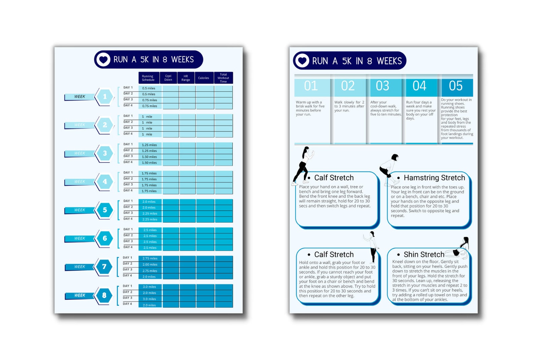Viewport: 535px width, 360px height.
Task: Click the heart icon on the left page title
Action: pos(103,60)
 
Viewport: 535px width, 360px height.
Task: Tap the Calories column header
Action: pos(203,78)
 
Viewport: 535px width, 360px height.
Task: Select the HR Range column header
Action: pos(186,78)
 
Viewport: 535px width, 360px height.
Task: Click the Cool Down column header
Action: pos(168,78)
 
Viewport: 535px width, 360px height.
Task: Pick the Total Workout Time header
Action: pos(223,78)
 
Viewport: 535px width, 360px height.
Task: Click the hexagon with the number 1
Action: pos(105,97)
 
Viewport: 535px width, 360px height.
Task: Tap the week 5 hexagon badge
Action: pos(105,210)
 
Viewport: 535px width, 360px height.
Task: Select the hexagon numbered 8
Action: pos(104,295)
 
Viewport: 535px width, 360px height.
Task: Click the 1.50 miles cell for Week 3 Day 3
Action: pos(150,157)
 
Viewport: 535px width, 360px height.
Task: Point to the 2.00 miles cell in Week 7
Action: pos(150,265)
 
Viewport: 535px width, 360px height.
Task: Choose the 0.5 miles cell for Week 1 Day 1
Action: pos(149,88)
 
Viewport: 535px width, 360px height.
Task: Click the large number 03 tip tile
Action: pos(383,86)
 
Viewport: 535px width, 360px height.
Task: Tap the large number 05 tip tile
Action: pos(456,86)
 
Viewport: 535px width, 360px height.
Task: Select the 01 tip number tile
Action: pos(311,86)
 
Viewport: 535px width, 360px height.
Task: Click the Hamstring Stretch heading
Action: pos(434,178)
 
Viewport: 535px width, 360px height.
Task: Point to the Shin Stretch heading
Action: pos(424,254)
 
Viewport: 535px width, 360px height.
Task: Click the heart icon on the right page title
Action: pos(302,61)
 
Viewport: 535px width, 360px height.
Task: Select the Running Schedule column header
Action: pos(148,78)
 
